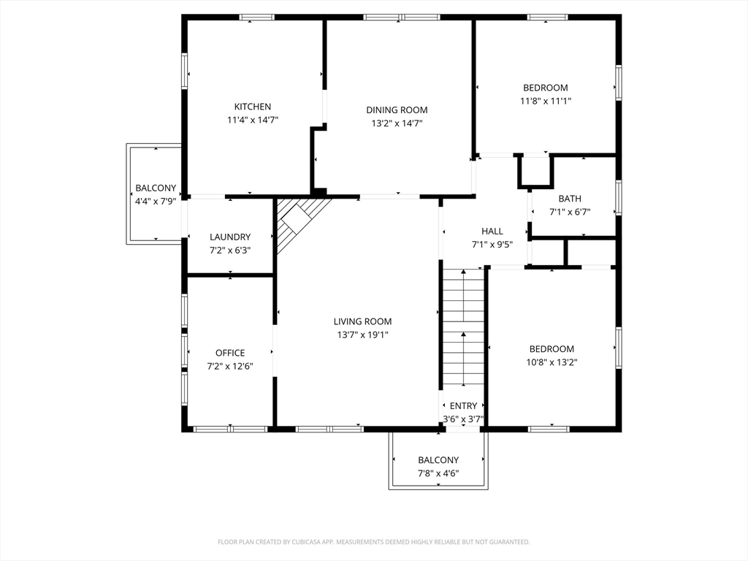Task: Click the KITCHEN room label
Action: tap(252, 107)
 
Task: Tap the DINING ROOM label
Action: tap(397, 110)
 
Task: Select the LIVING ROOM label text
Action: tap(362, 321)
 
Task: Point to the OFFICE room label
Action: tap(230, 353)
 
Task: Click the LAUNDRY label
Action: tap(230, 237)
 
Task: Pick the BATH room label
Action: tap(570, 199)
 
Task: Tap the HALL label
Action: tap(492, 232)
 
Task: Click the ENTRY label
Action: tap(463, 406)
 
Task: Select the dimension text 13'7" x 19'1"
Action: tap(362, 335)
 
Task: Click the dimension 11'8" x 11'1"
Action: tap(546, 101)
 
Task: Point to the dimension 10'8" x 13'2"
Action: tap(552, 362)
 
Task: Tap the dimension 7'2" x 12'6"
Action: tap(230, 367)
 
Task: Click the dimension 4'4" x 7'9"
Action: tap(156, 202)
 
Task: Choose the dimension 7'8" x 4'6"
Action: tap(438, 473)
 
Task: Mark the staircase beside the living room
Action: tap(462, 329)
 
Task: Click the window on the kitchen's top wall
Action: tap(256, 18)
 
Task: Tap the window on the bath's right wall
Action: tap(619, 197)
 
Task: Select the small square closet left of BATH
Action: tap(535, 170)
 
